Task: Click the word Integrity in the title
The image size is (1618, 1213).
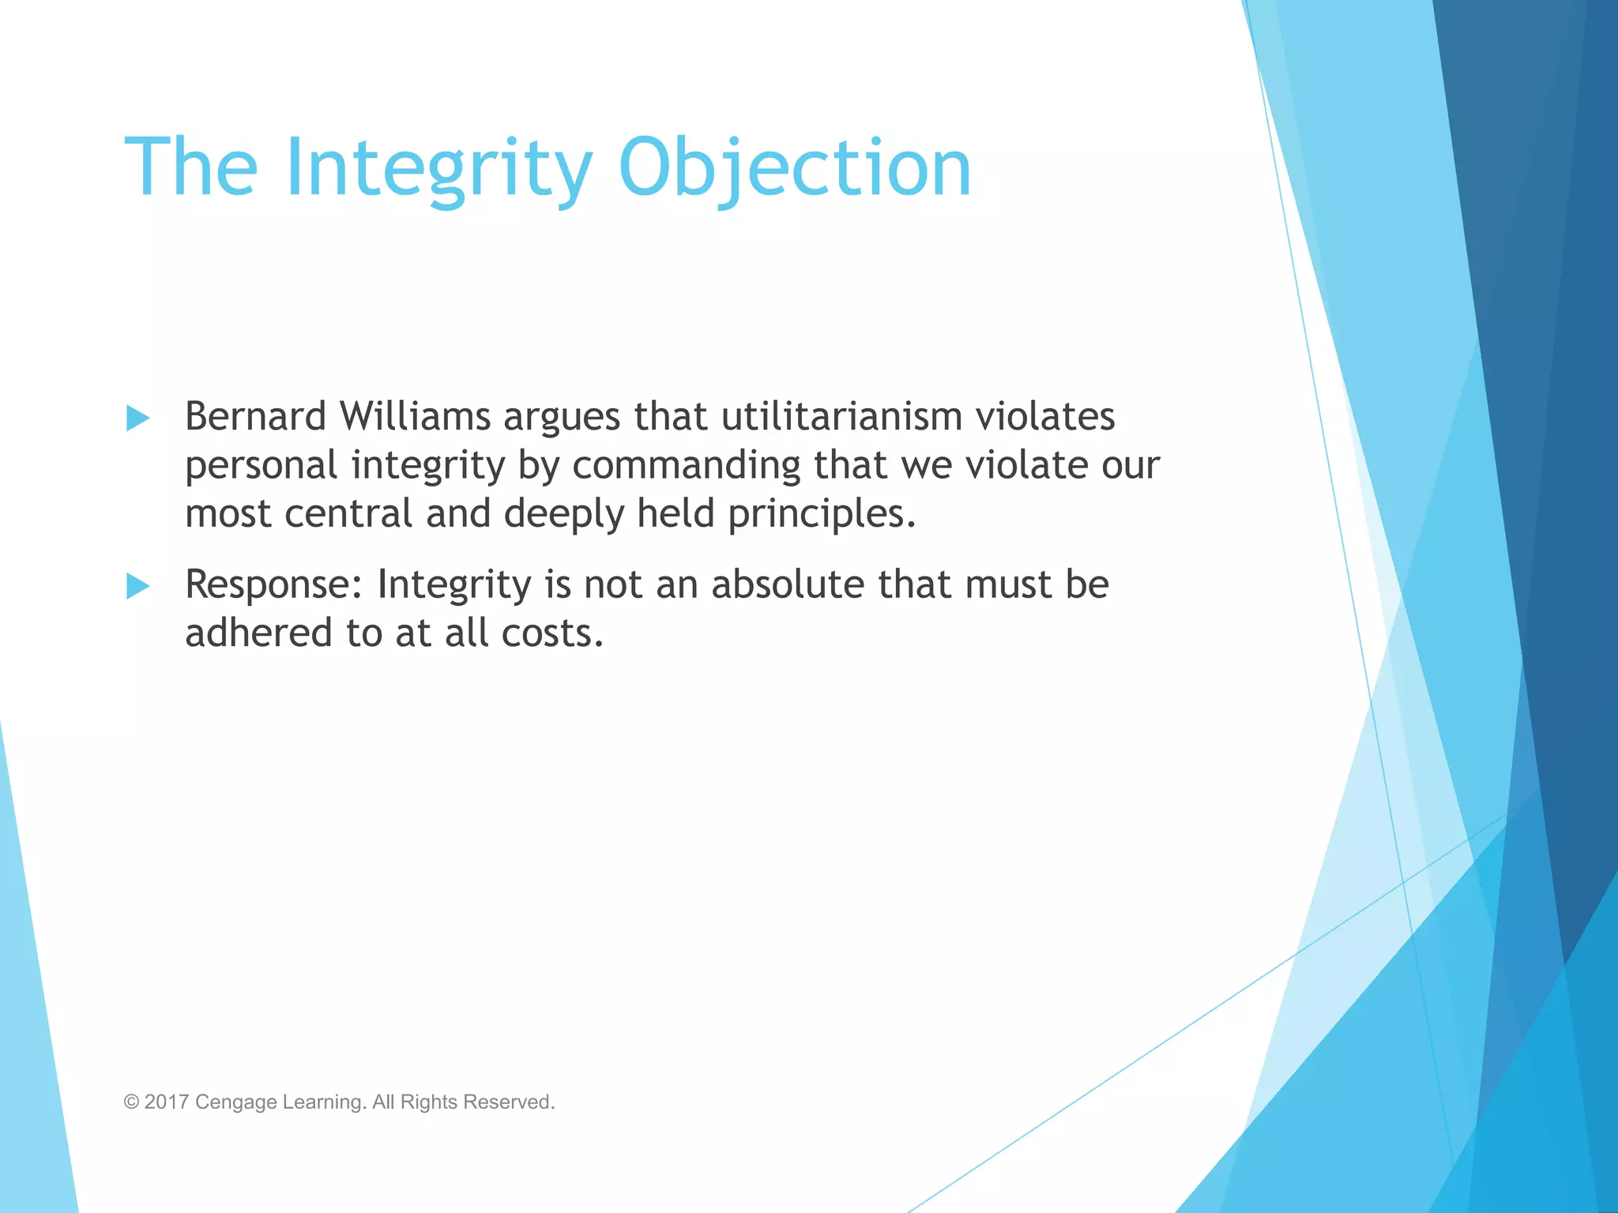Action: click(438, 168)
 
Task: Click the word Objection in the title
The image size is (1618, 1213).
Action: click(794, 168)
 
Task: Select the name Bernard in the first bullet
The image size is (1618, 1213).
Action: click(255, 416)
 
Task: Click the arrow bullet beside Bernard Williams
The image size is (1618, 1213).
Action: click(138, 418)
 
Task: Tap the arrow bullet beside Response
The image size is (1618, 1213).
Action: click(138, 586)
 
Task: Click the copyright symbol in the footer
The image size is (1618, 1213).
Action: click(131, 1102)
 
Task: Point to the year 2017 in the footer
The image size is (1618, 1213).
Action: click(166, 1102)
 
